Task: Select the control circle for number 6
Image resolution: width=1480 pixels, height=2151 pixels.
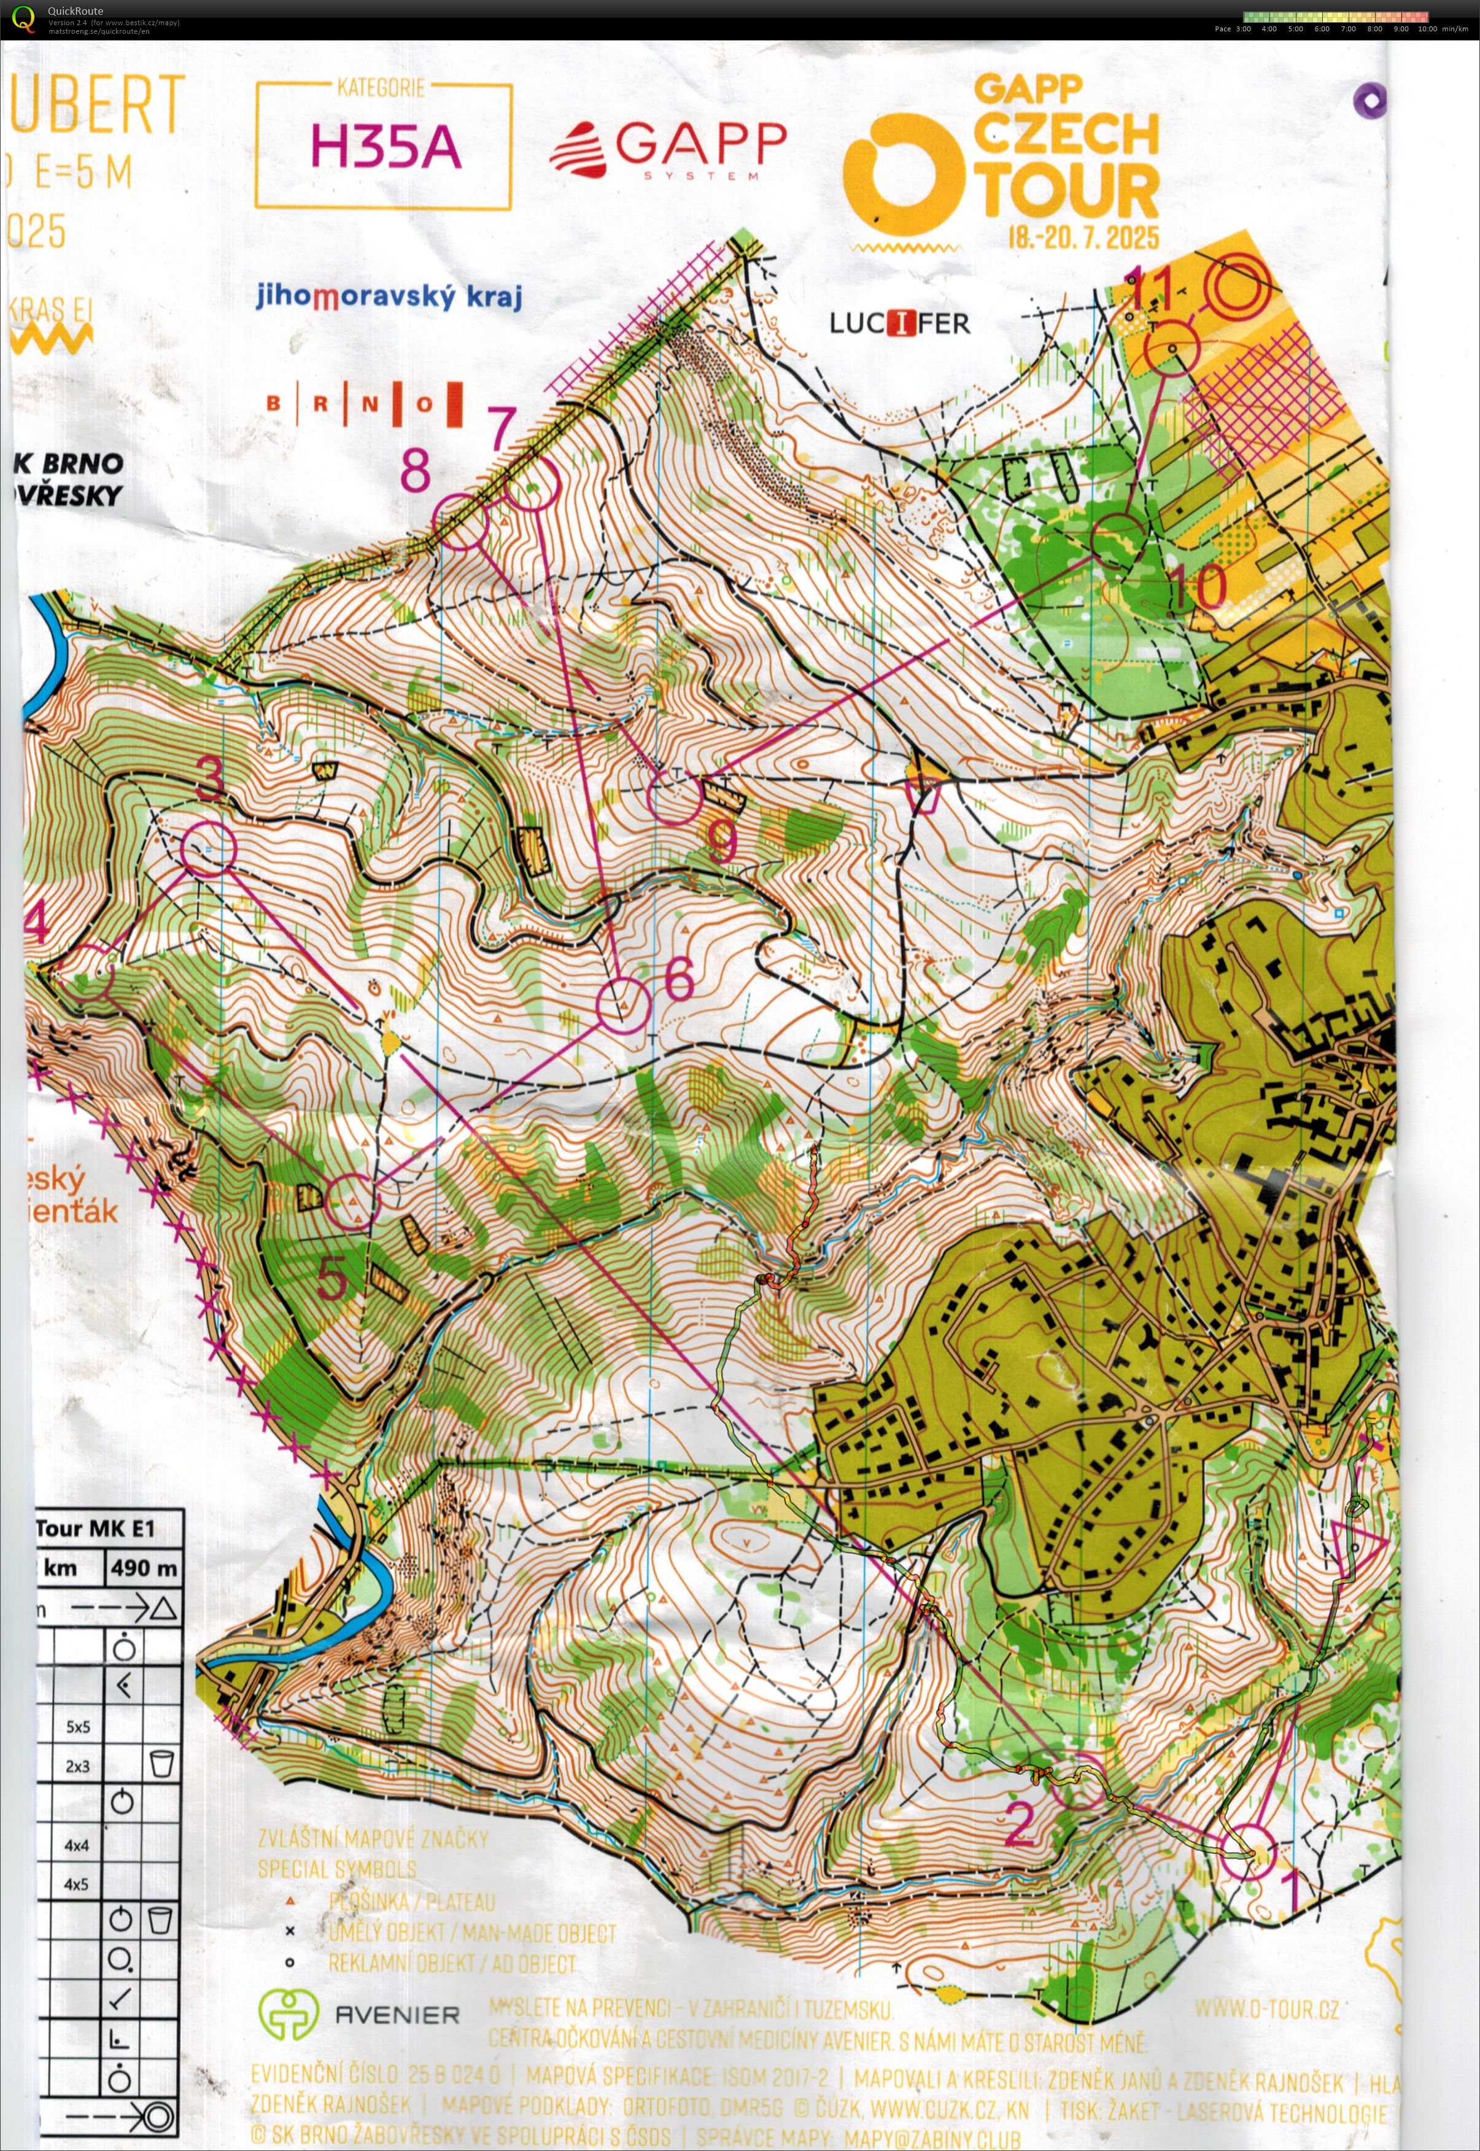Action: click(x=623, y=1004)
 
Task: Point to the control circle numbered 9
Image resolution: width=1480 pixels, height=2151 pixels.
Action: click(x=674, y=796)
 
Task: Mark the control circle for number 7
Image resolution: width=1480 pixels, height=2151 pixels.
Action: click(x=532, y=484)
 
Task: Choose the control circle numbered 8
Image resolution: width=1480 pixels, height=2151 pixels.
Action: click(x=461, y=521)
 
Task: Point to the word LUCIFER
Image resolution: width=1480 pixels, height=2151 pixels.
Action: click(x=899, y=324)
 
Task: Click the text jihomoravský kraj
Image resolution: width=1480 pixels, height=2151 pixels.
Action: click(x=389, y=296)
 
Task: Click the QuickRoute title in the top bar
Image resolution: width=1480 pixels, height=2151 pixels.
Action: click(x=75, y=10)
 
